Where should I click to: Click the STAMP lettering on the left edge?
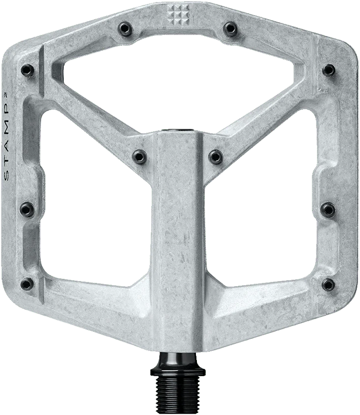tap(6, 136)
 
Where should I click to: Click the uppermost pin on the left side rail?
tap(27, 70)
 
